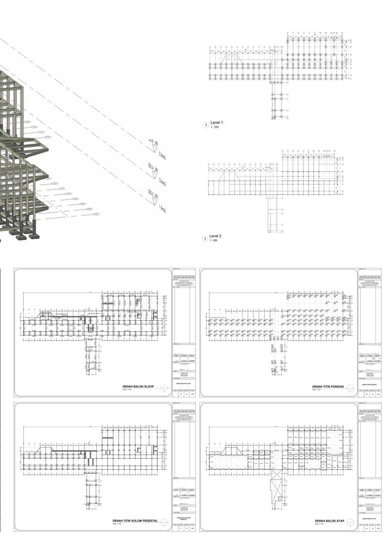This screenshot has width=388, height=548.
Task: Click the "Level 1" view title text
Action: coord(217,123)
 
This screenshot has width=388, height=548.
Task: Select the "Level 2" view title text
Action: coord(215,236)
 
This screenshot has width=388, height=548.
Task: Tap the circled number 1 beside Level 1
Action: coord(206,125)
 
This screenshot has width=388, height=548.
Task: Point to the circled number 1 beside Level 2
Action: coord(205,239)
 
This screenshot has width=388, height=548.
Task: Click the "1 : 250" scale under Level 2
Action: coord(213,240)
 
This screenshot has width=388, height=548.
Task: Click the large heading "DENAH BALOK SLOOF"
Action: coord(138,386)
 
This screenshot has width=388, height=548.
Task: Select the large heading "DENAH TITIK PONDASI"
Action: coord(328,387)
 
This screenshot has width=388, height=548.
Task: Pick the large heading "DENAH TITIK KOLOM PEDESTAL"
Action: coord(135,521)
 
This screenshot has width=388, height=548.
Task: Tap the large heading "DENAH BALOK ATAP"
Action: coord(329,521)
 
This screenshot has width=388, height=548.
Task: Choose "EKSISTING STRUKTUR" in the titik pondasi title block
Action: coord(370,375)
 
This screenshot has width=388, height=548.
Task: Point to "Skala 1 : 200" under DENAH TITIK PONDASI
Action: coord(317,389)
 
